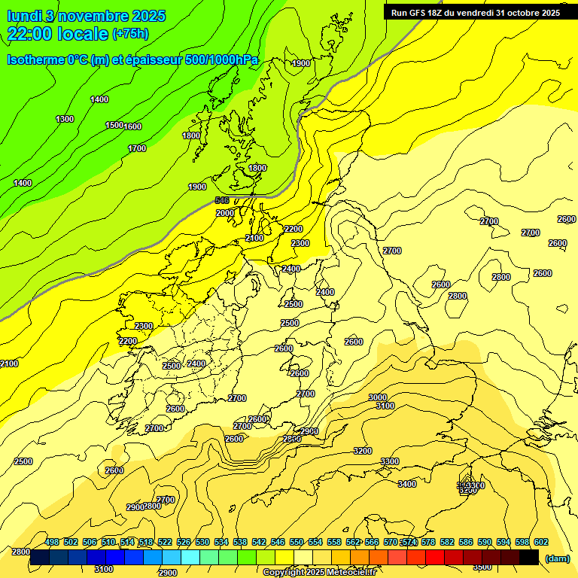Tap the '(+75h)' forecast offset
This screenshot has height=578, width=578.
(129, 34)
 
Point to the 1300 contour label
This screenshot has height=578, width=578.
(65, 119)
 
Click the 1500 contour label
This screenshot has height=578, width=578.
(114, 125)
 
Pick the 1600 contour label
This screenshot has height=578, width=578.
(132, 126)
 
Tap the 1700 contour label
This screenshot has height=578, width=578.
(137, 148)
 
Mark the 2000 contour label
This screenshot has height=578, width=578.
(224, 213)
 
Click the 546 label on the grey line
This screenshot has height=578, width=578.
(221, 199)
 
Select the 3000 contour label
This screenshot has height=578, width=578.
(378, 397)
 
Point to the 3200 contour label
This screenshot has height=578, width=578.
(363, 451)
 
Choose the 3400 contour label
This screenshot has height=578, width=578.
(407, 484)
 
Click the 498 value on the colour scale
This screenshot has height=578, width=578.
(52, 542)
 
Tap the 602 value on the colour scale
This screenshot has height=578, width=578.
(540, 542)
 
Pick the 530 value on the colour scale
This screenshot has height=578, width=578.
(202, 542)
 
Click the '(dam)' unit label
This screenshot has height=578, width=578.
(556, 558)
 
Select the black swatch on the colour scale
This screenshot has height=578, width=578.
(528, 558)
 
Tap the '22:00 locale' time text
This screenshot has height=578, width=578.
(57, 34)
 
